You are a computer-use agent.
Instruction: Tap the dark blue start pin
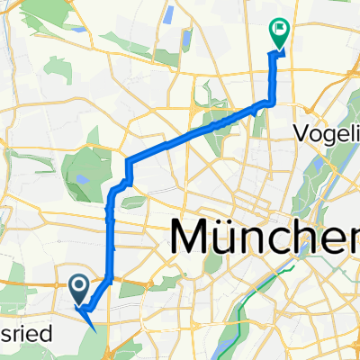click(78, 288)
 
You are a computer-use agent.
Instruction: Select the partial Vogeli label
click(326, 133)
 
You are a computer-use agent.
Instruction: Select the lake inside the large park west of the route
click(82, 178)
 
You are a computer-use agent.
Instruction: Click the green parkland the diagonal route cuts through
click(220, 121)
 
